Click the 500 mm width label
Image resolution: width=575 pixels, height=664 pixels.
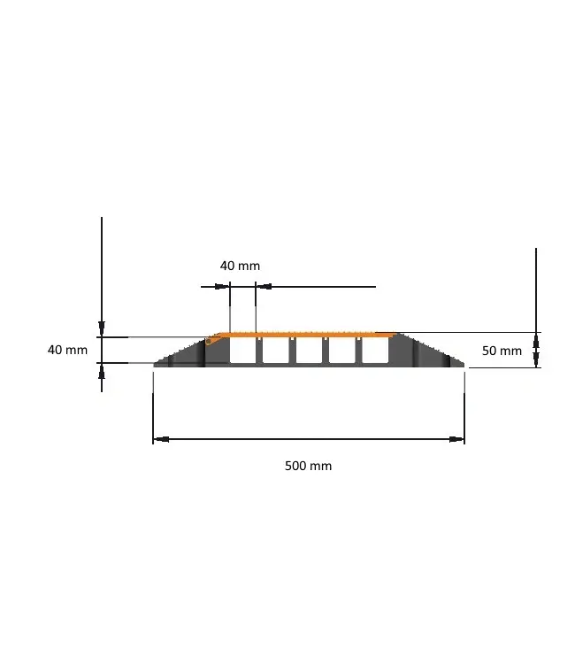click(x=308, y=466)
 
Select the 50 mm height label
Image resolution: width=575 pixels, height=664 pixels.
click(x=502, y=351)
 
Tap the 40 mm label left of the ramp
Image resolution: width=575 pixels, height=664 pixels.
click(x=67, y=350)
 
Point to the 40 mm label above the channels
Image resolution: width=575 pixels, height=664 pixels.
click(x=240, y=266)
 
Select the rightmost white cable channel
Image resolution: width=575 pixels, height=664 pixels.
click(x=374, y=351)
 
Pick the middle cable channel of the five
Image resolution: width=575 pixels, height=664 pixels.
click(x=308, y=351)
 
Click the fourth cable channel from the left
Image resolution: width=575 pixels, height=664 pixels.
click(x=341, y=351)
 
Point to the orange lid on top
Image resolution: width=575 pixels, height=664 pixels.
click(x=305, y=334)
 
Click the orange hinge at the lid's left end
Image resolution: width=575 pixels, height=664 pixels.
click(x=212, y=338)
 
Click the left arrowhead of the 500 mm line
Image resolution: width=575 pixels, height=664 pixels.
click(x=160, y=438)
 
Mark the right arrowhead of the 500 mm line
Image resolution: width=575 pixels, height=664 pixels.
click(x=457, y=438)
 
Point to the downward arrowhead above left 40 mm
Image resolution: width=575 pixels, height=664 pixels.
click(x=102, y=330)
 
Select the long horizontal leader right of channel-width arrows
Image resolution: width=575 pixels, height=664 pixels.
click(x=323, y=287)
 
